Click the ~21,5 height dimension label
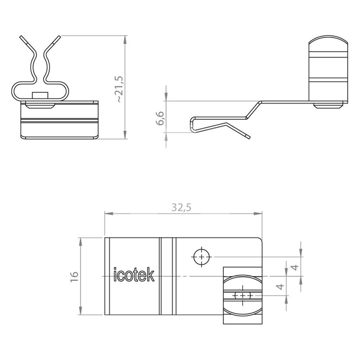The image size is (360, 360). (120, 89)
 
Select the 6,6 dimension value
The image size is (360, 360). (160, 118)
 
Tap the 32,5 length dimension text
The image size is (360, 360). (181, 207)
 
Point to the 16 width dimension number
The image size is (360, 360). (75, 277)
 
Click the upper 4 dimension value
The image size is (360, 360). (295, 267)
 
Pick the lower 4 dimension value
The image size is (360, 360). (280, 287)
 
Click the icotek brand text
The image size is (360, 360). (134, 274)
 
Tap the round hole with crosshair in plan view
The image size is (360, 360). (202, 256)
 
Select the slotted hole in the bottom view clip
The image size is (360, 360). (243, 295)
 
